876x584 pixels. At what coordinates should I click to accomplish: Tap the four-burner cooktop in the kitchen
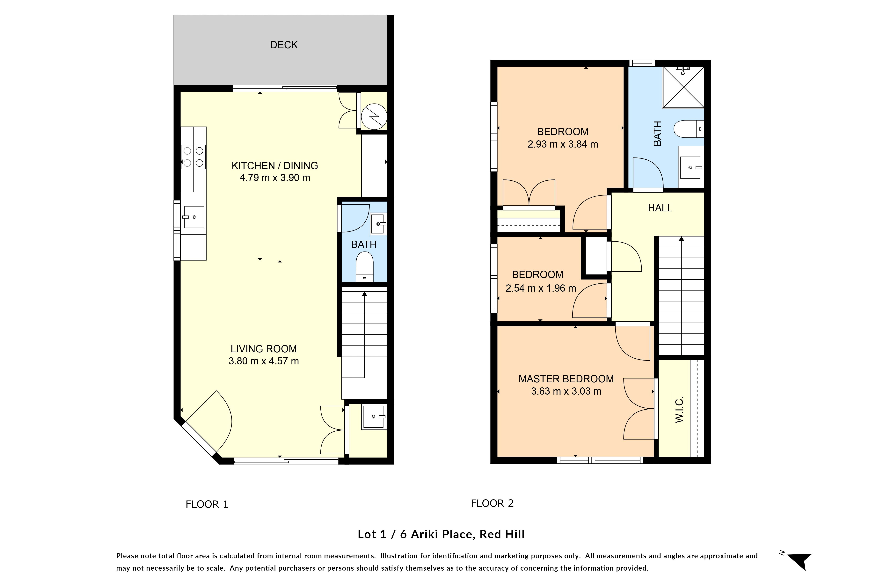(x=193, y=157)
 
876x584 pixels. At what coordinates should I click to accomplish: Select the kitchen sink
(x=194, y=217)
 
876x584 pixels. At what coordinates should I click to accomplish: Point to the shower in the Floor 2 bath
(x=683, y=88)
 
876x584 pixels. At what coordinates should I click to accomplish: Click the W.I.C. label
(x=679, y=409)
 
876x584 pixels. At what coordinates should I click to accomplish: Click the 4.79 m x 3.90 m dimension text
(x=275, y=178)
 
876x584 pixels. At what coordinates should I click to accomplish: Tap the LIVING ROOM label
(x=264, y=349)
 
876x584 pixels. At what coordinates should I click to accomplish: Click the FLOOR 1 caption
(x=207, y=504)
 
